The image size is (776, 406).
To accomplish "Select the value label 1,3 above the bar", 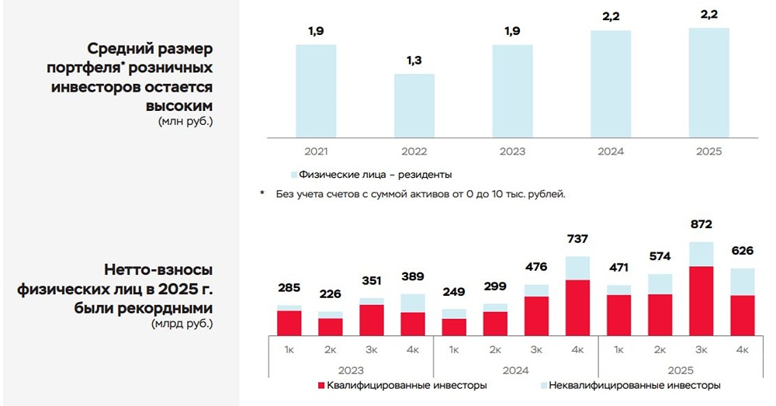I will point(414,60).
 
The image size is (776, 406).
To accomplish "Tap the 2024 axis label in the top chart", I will point(611,151).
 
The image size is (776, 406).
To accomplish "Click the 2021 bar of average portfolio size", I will point(316,90).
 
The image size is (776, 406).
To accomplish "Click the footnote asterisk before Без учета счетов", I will point(262,193).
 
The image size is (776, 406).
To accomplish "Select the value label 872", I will point(702,225).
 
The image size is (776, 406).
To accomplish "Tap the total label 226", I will point(330,294).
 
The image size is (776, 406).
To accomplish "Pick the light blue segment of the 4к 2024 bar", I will point(577,268).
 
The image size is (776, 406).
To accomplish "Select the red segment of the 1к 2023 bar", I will point(289,322).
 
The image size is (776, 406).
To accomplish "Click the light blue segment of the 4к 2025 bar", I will point(743,282).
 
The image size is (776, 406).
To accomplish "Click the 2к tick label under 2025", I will point(660,350).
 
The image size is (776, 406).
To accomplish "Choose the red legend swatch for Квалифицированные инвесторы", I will point(321,386).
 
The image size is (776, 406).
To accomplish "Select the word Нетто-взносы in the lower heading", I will point(158,269).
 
